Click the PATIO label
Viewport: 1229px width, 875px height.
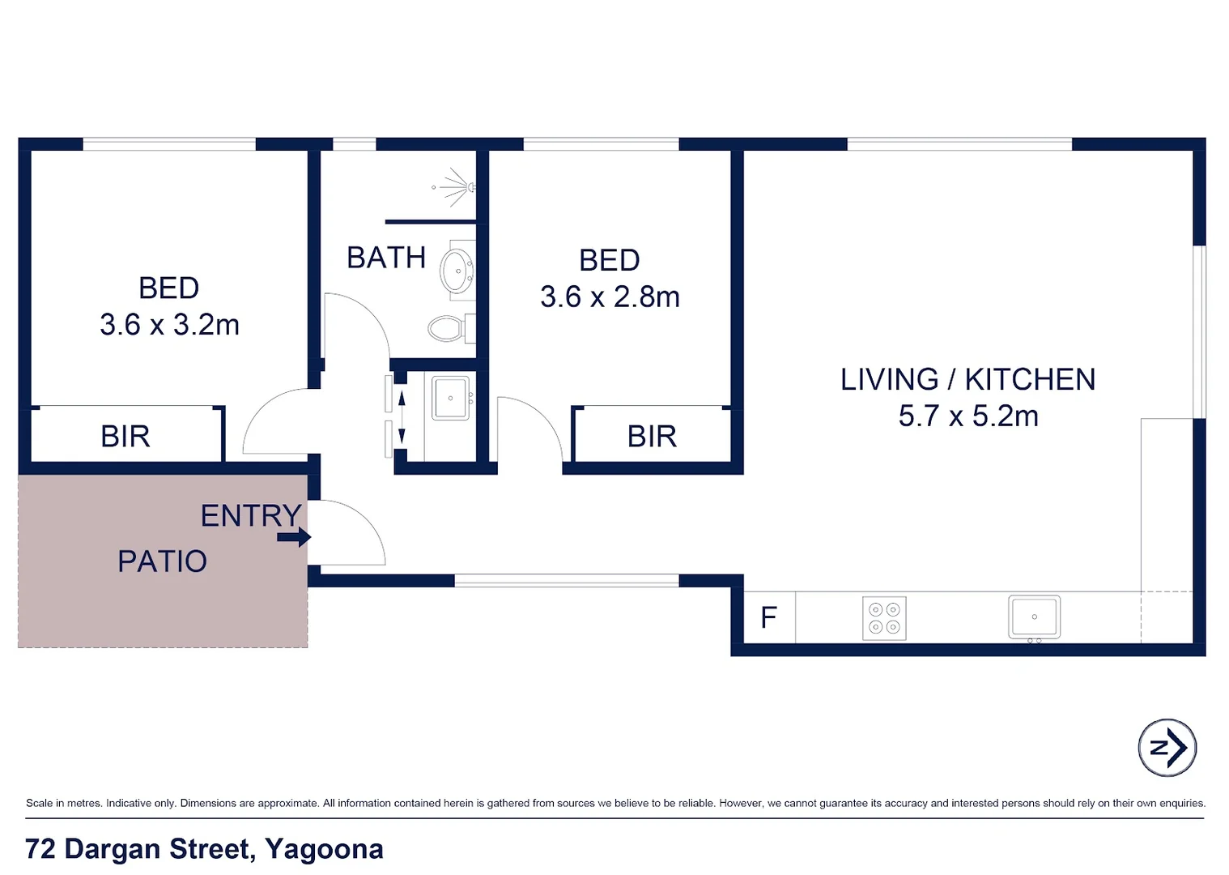coord(162,561)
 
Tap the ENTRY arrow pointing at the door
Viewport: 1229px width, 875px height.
coord(294,537)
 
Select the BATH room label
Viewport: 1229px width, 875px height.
coord(386,258)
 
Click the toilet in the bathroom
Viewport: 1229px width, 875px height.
coord(446,328)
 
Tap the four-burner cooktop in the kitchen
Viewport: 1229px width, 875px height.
coord(884,618)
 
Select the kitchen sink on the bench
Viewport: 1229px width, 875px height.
coord(1034,617)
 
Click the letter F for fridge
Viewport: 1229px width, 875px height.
coord(768,618)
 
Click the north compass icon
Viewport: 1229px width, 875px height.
coord(1167,748)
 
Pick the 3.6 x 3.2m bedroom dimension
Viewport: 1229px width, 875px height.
coord(169,325)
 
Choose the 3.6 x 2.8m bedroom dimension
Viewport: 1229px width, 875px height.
coord(610,297)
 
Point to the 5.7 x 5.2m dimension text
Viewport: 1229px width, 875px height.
coord(968,416)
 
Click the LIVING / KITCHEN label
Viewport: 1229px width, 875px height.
coord(967,379)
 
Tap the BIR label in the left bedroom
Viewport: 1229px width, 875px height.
coord(125,437)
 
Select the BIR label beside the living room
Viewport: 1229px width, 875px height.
coord(652,437)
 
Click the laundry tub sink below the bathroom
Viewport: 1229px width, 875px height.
coord(451,398)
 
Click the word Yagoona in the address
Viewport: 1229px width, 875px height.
coord(324,849)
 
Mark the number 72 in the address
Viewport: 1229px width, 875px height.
coord(40,849)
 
